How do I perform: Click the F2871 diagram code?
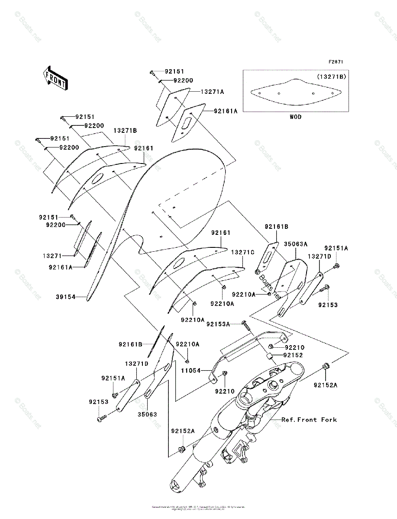(x=336, y=62)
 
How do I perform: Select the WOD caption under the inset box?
(x=296, y=117)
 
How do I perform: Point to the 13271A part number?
(x=212, y=92)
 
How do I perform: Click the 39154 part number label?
(x=66, y=297)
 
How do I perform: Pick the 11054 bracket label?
(x=191, y=371)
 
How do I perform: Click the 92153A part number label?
(x=218, y=324)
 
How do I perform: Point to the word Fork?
(x=329, y=420)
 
